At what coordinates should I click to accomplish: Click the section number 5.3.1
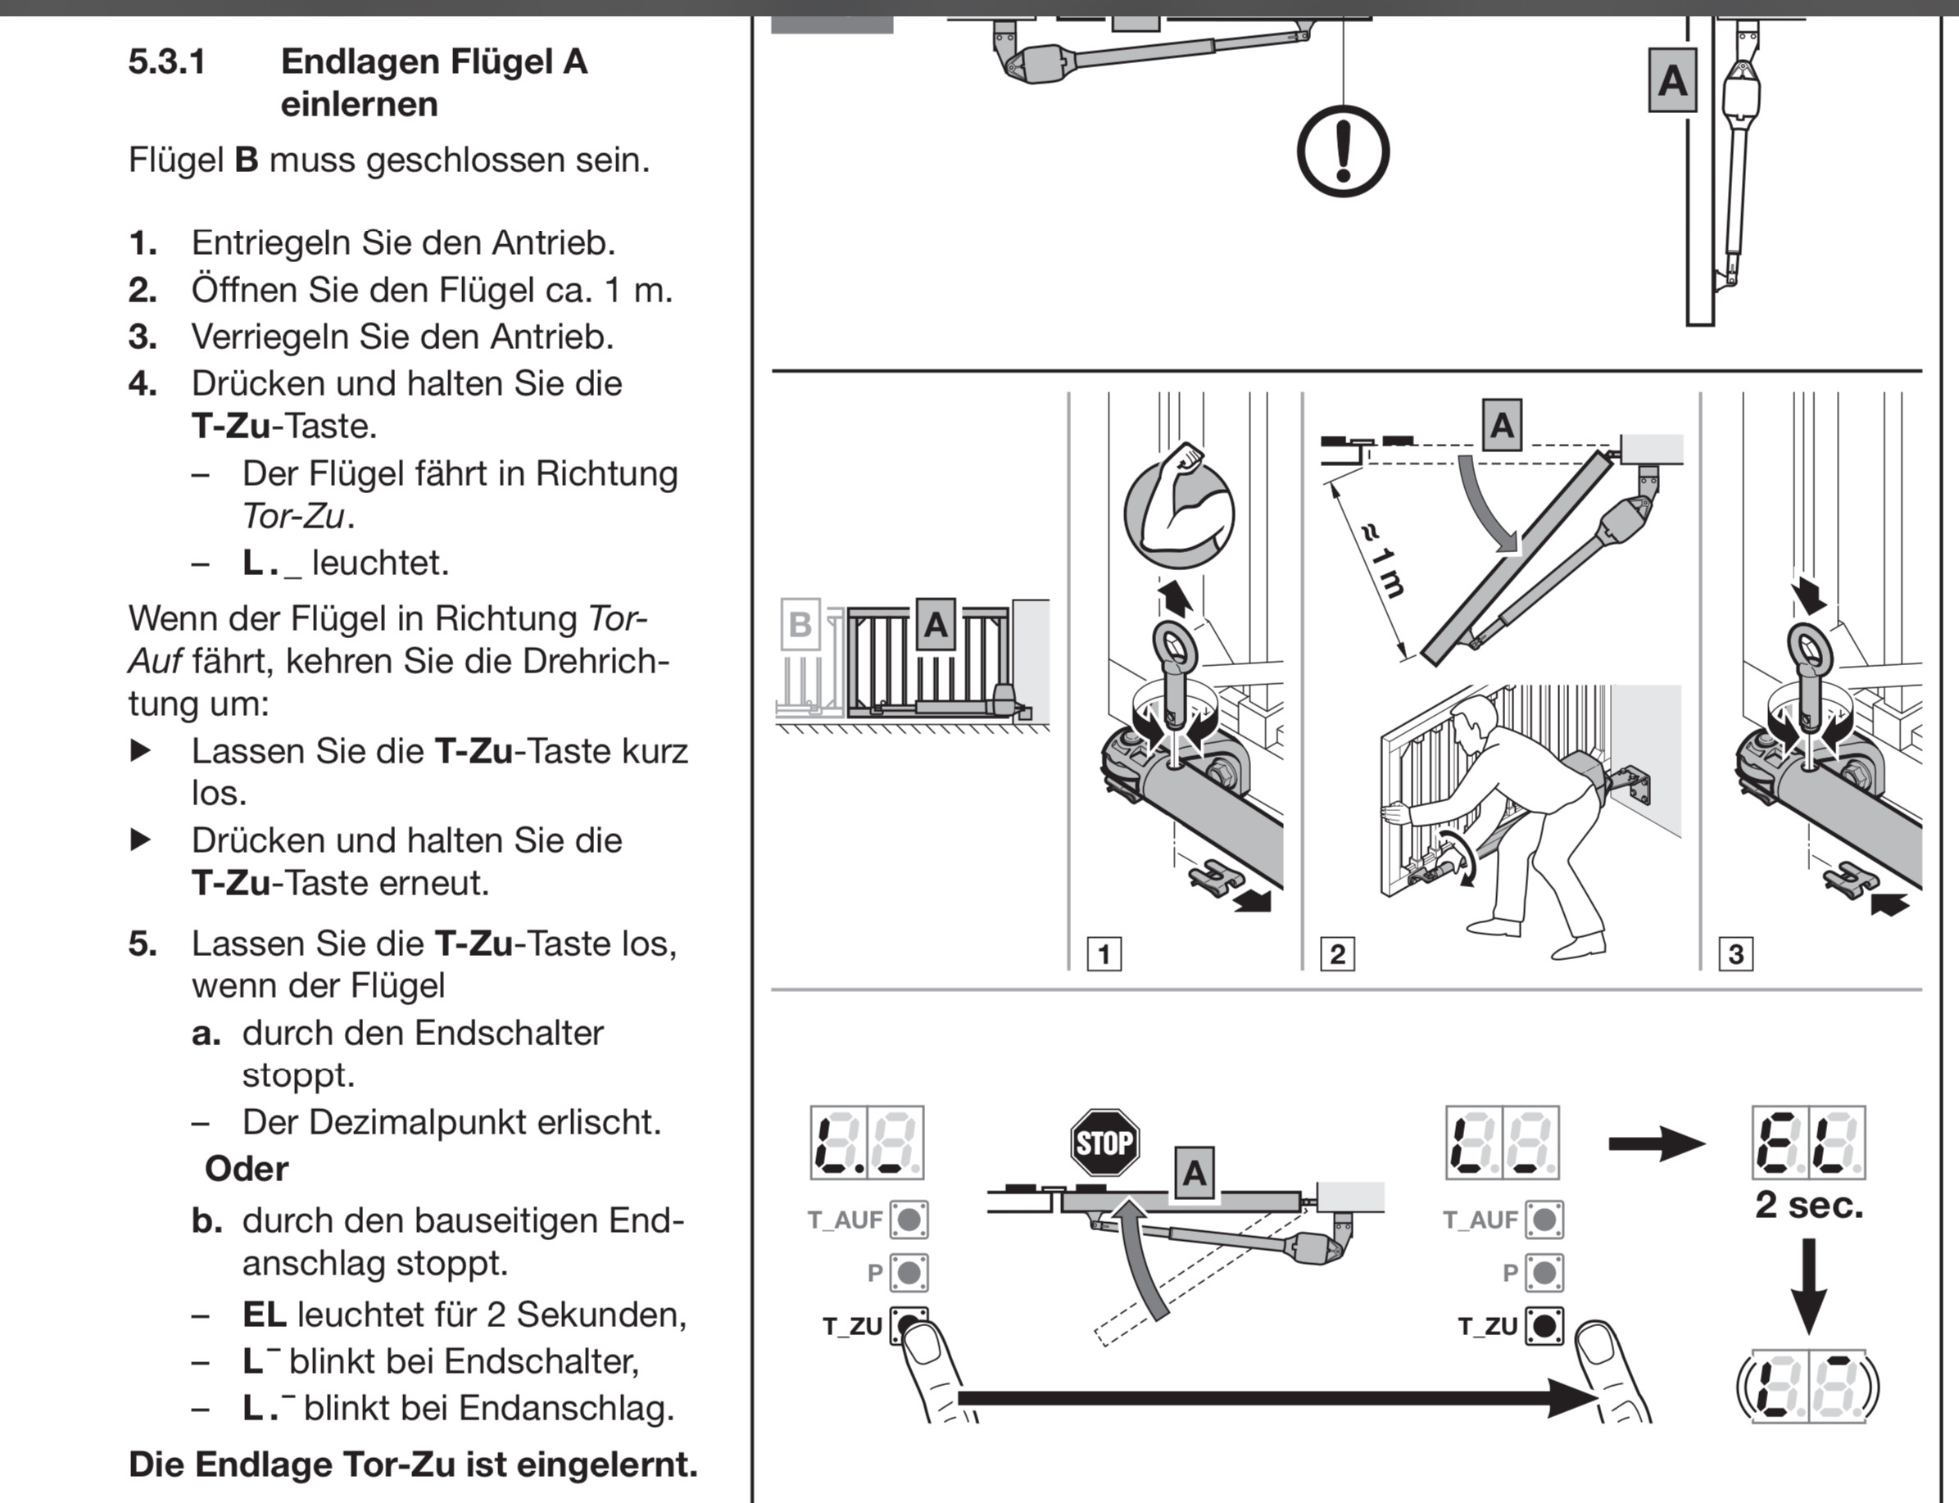point(167,61)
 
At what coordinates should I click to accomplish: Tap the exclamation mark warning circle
point(1342,152)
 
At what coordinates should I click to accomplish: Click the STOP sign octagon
point(1104,1143)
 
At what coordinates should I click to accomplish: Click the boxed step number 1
point(1104,953)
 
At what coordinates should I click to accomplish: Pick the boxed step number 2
point(1337,953)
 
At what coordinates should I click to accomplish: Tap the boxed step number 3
point(1735,953)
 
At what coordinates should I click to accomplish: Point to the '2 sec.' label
point(1808,1205)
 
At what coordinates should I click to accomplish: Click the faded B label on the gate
point(799,623)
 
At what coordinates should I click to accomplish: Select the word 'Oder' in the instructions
point(246,1168)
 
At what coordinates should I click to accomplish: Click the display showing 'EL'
point(1808,1143)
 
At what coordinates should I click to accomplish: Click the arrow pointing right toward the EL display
point(1656,1143)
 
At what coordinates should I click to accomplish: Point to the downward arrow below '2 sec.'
point(1808,1286)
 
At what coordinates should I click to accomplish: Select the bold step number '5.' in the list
point(143,943)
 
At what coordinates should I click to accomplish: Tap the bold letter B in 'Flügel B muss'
point(246,161)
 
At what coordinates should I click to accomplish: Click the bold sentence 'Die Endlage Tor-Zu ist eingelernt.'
point(413,1465)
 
